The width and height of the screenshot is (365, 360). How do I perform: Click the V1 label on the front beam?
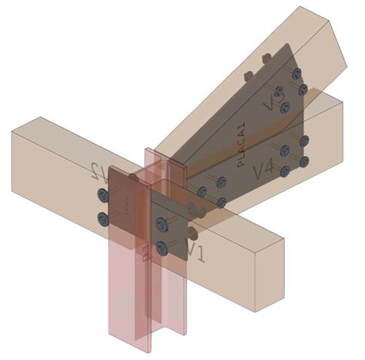195,250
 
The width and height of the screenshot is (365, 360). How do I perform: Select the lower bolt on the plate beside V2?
103,221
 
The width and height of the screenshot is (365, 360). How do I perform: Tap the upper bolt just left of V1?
161,224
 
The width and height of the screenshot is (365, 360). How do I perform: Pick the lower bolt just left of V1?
162,248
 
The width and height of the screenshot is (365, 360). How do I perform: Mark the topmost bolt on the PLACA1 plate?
297,72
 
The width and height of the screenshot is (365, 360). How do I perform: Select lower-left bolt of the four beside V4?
285,172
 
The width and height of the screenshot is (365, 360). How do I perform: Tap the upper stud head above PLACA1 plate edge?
266,57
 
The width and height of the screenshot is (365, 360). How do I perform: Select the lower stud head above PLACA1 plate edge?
248,75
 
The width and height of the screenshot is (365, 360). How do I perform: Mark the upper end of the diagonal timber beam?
323,31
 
